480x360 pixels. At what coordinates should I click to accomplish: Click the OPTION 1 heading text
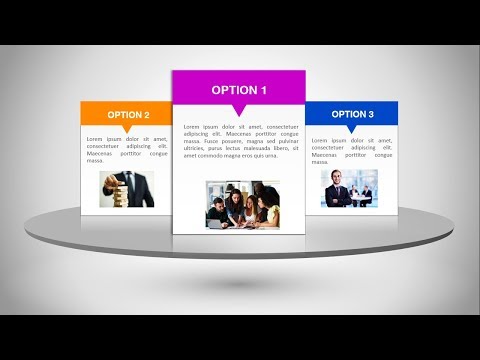click(239, 90)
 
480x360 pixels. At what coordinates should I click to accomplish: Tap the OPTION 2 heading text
click(128, 115)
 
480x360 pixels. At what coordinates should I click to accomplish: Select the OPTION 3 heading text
click(352, 114)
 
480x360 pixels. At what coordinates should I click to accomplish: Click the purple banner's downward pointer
click(239, 110)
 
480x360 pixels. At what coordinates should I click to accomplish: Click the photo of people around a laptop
click(243, 204)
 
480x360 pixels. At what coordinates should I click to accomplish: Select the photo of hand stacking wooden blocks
click(127, 189)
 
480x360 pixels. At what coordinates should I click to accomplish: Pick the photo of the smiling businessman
click(349, 188)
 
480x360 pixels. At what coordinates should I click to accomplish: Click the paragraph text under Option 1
click(239, 141)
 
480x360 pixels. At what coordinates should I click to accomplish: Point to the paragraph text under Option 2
click(127, 149)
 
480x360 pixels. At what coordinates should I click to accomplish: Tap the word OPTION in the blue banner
click(347, 114)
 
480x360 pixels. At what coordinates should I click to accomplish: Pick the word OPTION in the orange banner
click(123, 115)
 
